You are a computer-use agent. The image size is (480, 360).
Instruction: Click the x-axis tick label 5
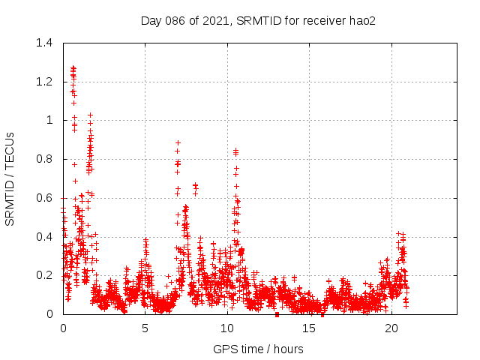145,328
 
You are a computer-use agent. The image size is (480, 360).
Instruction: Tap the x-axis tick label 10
227,328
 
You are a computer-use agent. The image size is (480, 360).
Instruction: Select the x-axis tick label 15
310,328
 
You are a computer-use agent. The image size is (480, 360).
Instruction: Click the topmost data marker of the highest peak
73,67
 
